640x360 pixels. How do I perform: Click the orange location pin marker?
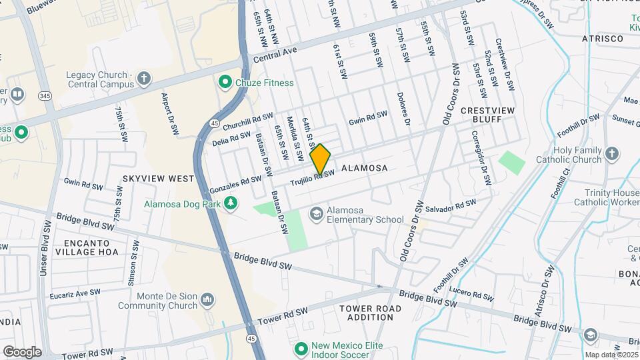click(321, 159)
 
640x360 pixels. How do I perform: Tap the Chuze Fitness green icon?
click(225, 83)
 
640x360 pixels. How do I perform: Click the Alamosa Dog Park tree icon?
click(231, 202)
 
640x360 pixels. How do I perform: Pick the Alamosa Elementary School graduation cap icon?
click(316, 213)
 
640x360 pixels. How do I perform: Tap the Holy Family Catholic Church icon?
click(612, 155)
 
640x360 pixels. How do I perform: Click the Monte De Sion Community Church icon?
click(208, 301)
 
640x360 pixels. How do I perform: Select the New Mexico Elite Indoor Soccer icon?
click(301, 348)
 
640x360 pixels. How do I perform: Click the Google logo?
click(22, 351)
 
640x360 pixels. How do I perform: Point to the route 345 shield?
click(45, 97)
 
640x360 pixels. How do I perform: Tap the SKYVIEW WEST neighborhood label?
click(158, 179)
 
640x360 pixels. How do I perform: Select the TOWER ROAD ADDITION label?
click(370, 313)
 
